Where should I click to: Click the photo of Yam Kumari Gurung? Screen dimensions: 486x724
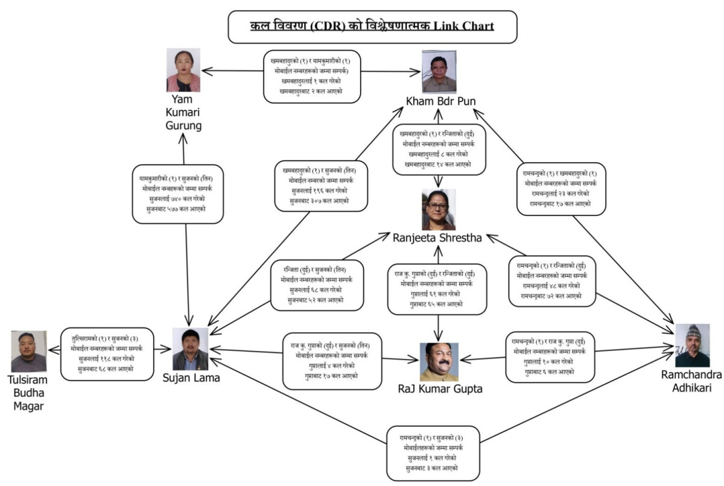(x=183, y=70)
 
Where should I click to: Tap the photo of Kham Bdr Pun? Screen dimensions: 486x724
(x=439, y=71)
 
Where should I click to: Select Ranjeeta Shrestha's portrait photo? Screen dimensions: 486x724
(x=439, y=210)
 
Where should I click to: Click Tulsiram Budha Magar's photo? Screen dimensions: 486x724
(x=29, y=351)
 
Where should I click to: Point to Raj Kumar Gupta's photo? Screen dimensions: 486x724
(x=439, y=362)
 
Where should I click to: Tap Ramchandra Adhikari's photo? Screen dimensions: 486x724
(x=692, y=345)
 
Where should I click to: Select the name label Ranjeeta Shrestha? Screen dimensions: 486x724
(x=437, y=237)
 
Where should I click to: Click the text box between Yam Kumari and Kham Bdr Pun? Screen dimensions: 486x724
(x=312, y=77)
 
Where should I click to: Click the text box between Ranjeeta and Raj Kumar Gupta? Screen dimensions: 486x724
(x=437, y=288)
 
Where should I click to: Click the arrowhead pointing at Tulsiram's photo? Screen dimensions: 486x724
(x=51, y=349)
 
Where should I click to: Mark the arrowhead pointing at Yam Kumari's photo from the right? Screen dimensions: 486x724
(x=204, y=71)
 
